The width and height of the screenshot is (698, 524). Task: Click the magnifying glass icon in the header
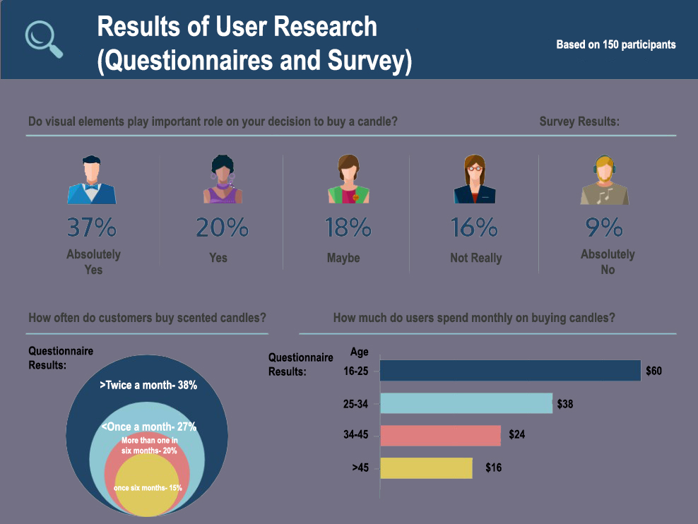click(x=44, y=39)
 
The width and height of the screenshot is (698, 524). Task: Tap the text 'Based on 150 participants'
click(x=615, y=44)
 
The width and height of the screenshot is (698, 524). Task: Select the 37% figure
click(x=92, y=227)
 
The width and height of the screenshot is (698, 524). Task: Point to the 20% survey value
click(x=222, y=227)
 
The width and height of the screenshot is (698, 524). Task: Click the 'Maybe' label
click(x=343, y=258)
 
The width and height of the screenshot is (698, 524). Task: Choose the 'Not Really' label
click(x=475, y=258)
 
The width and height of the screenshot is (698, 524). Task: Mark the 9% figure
click(x=605, y=227)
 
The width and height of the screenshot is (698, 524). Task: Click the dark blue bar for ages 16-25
click(x=510, y=371)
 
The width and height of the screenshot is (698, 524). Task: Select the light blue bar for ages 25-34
click(x=466, y=403)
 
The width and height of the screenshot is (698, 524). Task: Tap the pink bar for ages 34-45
click(x=440, y=436)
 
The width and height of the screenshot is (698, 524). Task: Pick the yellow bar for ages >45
click(x=426, y=468)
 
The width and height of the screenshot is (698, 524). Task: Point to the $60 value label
click(x=653, y=371)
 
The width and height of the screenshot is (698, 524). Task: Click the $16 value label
click(x=493, y=468)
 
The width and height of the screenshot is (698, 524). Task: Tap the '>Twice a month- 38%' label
click(x=148, y=386)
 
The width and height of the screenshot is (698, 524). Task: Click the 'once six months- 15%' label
click(x=148, y=488)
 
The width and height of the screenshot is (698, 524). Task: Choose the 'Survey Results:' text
click(x=579, y=121)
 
